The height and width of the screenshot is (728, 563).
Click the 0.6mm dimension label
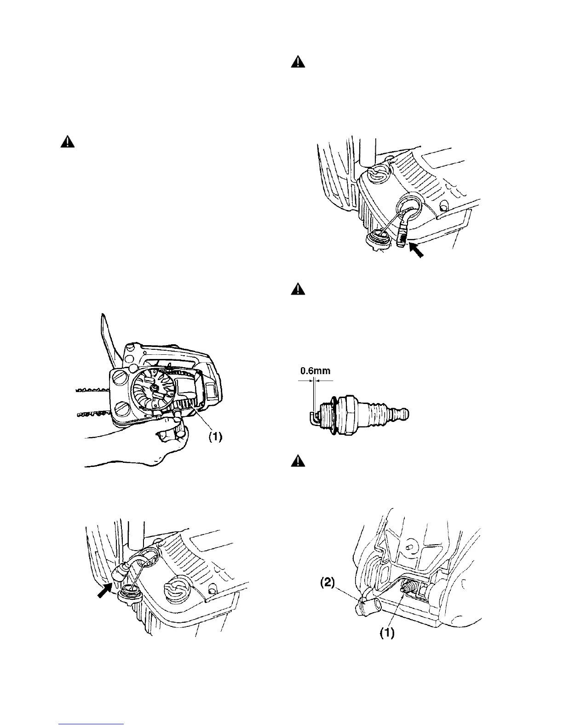coord(315,370)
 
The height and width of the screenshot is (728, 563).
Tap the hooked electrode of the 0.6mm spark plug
coord(311,418)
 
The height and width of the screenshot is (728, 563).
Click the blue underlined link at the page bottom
coord(92,725)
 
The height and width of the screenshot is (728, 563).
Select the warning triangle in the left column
coord(68,142)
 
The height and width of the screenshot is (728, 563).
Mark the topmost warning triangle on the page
coord(299,62)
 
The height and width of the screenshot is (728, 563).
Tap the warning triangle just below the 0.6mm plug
coord(299,461)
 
